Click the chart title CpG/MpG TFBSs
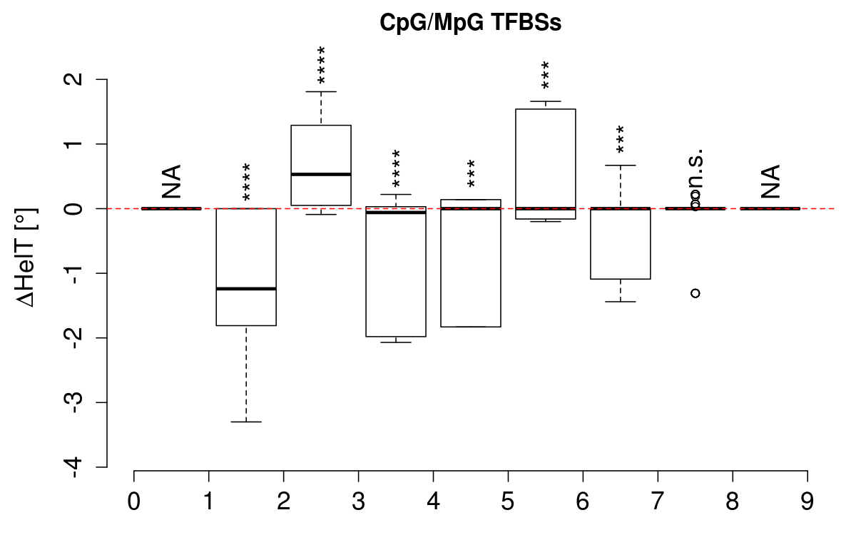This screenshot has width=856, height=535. click(471, 23)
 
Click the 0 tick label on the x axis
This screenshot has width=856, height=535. click(134, 502)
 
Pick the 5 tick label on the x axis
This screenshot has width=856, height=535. click(509, 502)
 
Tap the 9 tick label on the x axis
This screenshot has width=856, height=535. click(807, 502)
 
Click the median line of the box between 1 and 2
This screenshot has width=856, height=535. click(246, 289)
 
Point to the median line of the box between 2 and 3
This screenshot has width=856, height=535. click(321, 174)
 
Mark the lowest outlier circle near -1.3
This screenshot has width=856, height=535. click(695, 293)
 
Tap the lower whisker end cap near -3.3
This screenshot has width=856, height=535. click(246, 422)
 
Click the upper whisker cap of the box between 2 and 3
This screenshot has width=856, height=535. click(321, 91)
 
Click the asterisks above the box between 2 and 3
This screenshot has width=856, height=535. click(322, 64)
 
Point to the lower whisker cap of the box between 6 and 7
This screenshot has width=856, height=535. click(620, 302)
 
